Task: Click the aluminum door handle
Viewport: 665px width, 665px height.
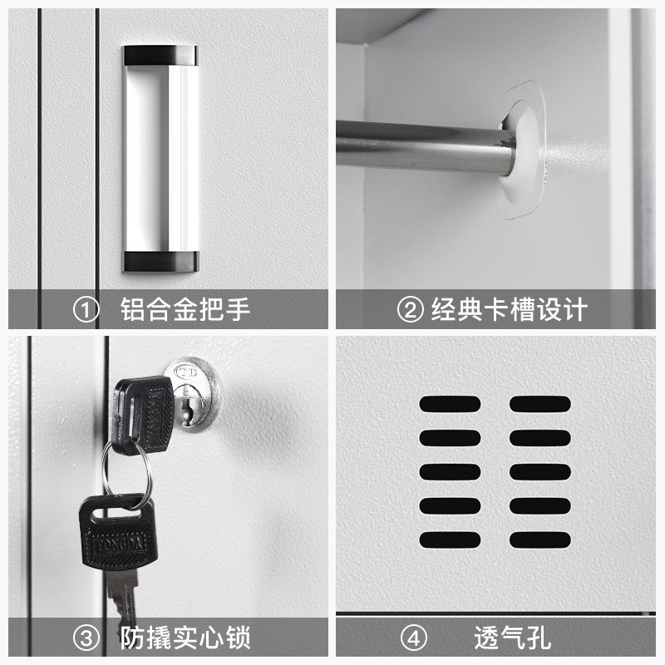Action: [160, 158]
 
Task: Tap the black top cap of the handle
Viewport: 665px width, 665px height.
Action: [160, 56]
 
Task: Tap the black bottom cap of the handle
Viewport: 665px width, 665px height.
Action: [160, 260]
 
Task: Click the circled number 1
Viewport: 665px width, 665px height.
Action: [86, 310]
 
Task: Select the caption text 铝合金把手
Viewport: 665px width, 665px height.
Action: [185, 310]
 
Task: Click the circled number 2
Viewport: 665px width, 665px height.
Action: [410, 310]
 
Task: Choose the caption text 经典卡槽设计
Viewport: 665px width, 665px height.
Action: [509, 310]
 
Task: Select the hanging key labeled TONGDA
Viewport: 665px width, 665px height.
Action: [116, 532]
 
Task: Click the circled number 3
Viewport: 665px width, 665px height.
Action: [86, 639]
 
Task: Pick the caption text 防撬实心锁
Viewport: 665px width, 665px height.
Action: [185, 639]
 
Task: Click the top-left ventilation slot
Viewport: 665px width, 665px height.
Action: [450, 404]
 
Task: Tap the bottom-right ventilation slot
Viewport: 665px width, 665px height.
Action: [539, 539]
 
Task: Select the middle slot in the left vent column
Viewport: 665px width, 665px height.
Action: [450, 471]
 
